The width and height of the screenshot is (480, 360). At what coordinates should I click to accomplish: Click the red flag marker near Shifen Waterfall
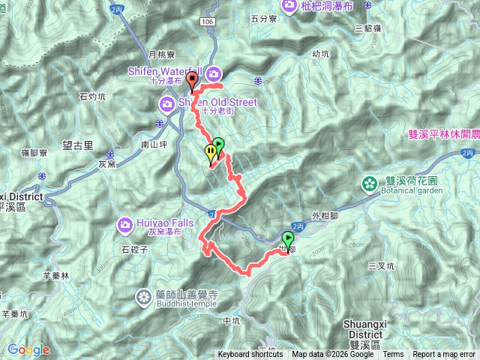coord(192,80)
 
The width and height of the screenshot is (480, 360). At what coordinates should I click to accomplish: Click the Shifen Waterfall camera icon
coord(214,73)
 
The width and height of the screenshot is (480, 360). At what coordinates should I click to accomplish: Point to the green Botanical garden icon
coord(369,183)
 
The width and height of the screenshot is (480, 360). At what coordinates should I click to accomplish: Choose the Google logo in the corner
coord(28,350)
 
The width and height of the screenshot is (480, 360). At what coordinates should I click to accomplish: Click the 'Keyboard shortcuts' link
coord(250,355)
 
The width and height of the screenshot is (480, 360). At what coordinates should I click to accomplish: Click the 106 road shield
coord(208,24)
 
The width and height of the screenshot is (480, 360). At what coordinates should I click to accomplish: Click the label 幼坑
coord(320,54)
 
